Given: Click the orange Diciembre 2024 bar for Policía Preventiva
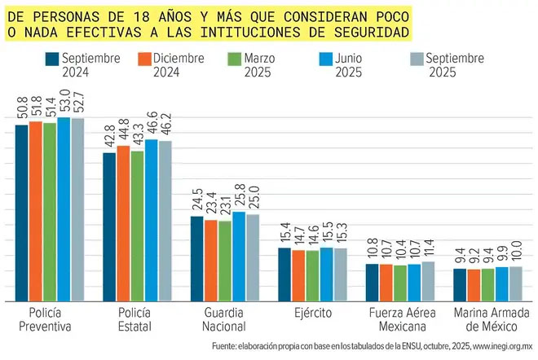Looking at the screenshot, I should click(36, 212).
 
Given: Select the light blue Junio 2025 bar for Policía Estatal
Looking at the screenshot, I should click(151, 220).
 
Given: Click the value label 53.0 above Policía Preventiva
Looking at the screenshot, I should click(64, 105).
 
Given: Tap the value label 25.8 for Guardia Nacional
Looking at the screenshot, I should click(239, 199).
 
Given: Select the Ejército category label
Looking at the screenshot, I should click(312, 313).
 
